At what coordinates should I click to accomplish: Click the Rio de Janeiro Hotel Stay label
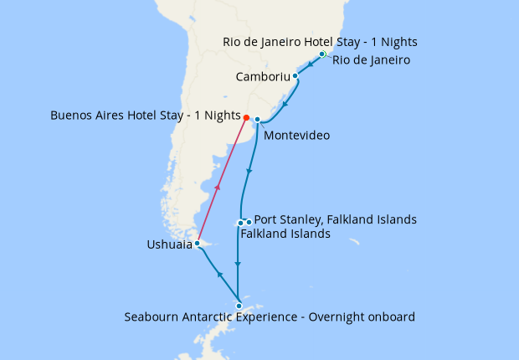tap(320, 42)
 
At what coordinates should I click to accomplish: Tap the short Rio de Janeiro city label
tap(371, 60)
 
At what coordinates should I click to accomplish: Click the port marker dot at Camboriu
tap(295, 75)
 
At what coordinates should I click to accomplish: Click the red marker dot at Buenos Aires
tap(246, 117)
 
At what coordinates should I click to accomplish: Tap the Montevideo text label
tap(295, 135)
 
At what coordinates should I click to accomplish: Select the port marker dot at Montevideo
tap(257, 119)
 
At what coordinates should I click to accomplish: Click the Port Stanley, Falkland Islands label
tap(335, 219)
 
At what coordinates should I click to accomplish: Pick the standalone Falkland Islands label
tap(285, 234)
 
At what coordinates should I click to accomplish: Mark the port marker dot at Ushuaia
tap(197, 244)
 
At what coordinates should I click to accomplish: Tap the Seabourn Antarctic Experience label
tap(270, 317)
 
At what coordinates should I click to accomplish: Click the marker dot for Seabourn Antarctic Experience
tap(239, 306)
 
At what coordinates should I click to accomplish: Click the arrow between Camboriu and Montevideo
tap(286, 105)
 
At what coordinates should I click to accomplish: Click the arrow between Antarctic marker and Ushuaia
tap(218, 275)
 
